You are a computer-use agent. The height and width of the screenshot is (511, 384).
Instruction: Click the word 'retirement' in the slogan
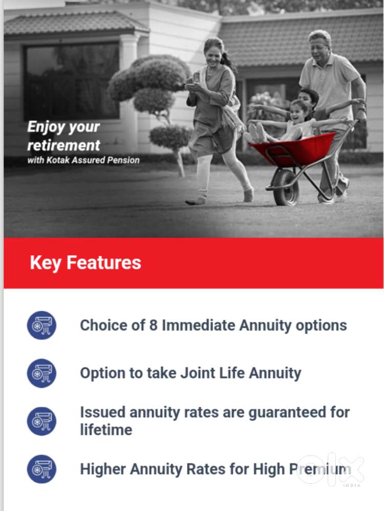click(x=63, y=145)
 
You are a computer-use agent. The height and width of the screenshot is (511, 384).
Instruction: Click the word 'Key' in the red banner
click(x=46, y=263)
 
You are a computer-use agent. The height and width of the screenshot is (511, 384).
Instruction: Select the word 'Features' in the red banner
click(x=104, y=262)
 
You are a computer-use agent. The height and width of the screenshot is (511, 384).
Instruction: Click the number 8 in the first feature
click(x=153, y=325)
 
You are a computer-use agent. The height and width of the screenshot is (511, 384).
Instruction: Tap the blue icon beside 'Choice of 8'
click(x=41, y=325)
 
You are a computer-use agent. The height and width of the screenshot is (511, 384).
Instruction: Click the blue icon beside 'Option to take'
click(x=41, y=373)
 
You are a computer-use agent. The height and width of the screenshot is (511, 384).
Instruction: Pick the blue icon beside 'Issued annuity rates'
click(x=41, y=421)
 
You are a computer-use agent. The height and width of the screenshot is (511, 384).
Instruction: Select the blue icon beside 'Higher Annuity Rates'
click(x=41, y=469)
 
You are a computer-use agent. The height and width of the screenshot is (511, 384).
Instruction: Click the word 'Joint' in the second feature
click(x=198, y=373)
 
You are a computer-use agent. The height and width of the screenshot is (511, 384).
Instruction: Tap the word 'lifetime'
click(x=106, y=430)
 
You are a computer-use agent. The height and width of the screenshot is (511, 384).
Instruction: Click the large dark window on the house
click(x=72, y=81)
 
